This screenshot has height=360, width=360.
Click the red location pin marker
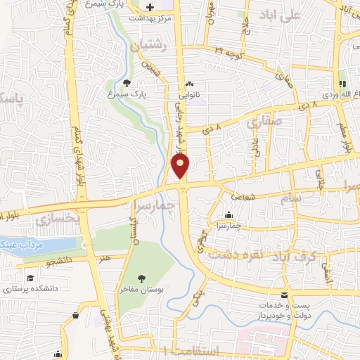(181, 165)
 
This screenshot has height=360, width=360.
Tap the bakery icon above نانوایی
(188, 84)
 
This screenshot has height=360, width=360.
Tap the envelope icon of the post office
(285, 295)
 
